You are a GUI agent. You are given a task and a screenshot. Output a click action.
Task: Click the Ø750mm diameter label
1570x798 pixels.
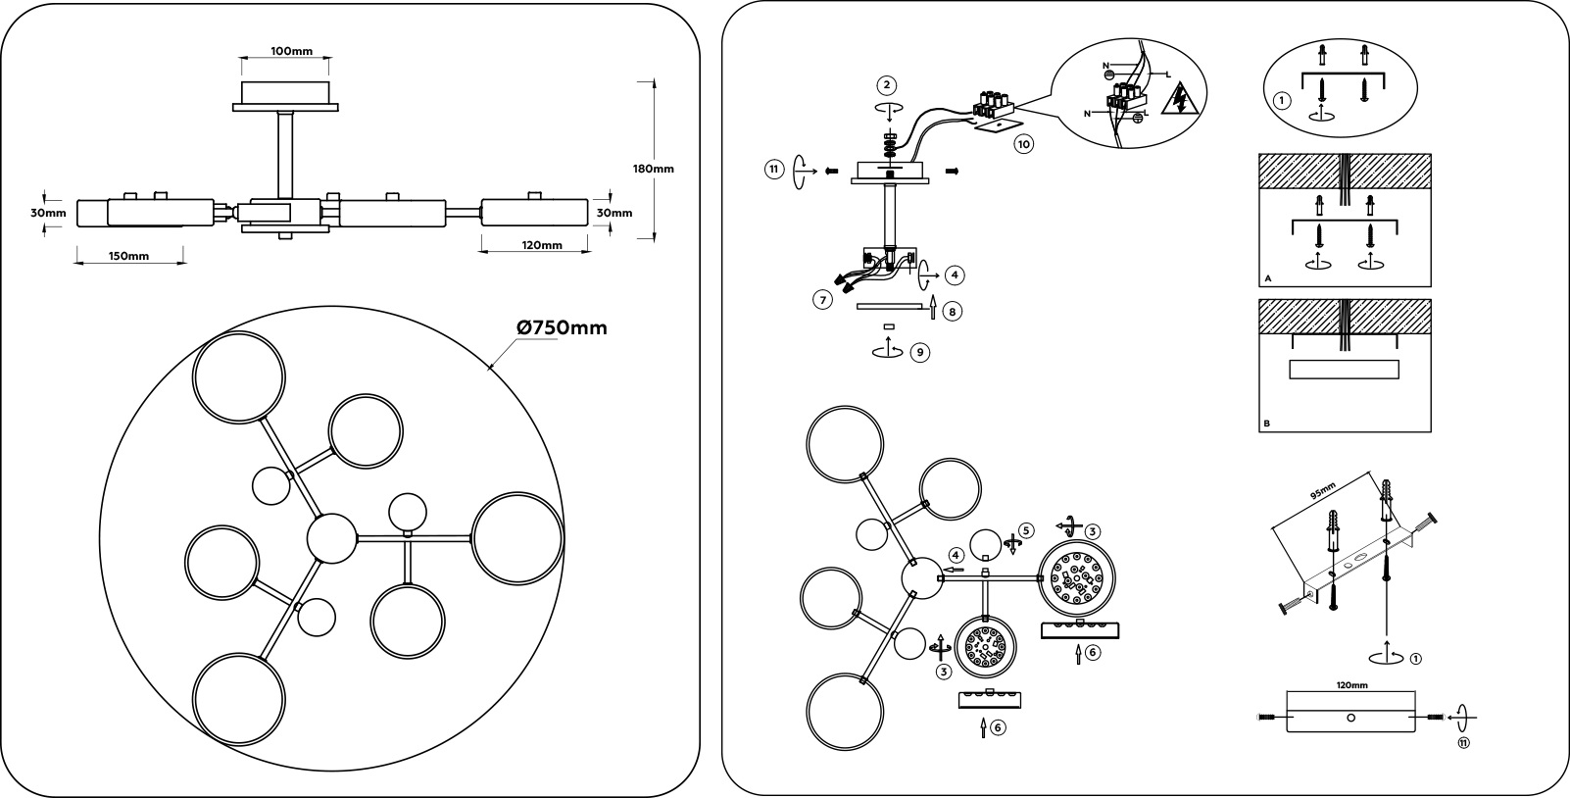pyautogui.click(x=563, y=328)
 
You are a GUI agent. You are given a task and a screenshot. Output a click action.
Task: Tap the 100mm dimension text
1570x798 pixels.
pyautogui.click(x=292, y=51)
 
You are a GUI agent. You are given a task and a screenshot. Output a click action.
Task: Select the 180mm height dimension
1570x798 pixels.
pyautogui.click(x=654, y=169)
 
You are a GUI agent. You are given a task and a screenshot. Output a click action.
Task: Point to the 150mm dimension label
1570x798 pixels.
pyautogui.click(x=129, y=256)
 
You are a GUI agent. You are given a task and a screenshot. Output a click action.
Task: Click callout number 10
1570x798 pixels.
pyautogui.click(x=1024, y=144)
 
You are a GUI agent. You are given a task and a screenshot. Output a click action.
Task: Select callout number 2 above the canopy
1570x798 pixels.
pyautogui.click(x=887, y=85)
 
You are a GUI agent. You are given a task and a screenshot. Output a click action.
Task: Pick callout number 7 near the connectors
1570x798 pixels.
pyautogui.click(x=823, y=300)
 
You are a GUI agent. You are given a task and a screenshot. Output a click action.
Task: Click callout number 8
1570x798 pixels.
pyautogui.click(x=952, y=312)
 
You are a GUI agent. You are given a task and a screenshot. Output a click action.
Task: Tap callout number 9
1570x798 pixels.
pyautogui.click(x=920, y=352)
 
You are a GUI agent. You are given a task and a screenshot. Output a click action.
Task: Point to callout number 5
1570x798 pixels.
pyautogui.click(x=1025, y=530)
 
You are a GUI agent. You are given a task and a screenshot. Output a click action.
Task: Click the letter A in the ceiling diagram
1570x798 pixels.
pyautogui.click(x=1268, y=278)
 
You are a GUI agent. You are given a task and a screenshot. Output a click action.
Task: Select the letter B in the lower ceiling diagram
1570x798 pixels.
pyautogui.click(x=1267, y=424)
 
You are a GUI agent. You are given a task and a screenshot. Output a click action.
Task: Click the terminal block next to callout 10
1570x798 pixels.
pyautogui.click(x=994, y=104)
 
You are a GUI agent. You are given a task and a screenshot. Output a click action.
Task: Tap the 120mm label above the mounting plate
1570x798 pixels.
pyautogui.click(x=1352, y=685)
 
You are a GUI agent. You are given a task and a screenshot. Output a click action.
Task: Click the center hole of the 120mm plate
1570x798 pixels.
pyautogui.click(x=1351, y=718)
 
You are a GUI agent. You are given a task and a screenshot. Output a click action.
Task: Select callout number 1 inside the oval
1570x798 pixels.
pyautogui.click(x=1282, y=100)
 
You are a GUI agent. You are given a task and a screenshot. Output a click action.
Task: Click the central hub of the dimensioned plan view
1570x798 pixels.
pyautogui.click(x=332, y=538)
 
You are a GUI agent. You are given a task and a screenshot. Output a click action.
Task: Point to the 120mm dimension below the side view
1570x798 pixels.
pyautogui.click(x=543, y=245)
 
